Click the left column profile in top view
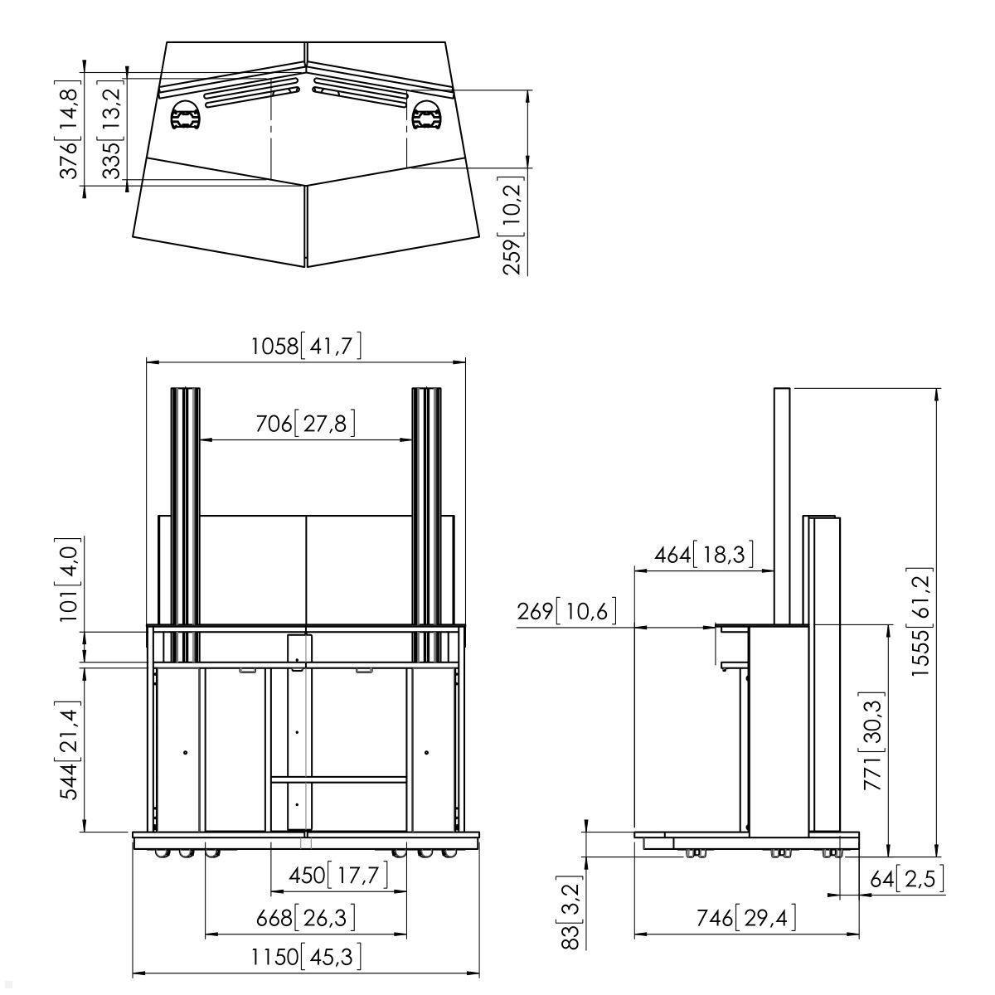[186, 116]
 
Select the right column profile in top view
[426, 115]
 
